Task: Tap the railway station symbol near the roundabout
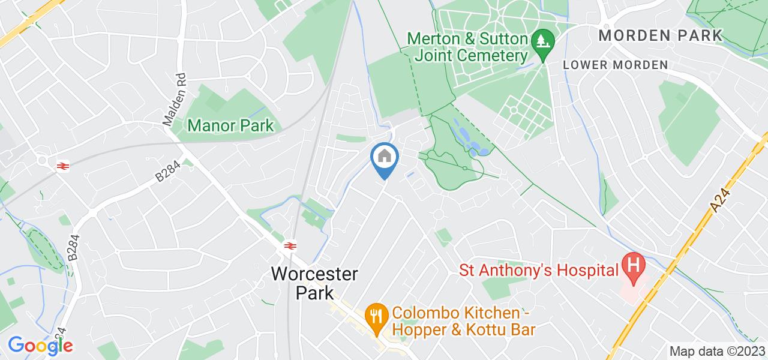point(61,166)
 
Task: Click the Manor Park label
point(230,126)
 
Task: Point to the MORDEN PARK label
point(661,35)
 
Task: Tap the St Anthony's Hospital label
point(539,270)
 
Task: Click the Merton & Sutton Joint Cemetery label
point(467,47)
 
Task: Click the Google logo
point(40,346)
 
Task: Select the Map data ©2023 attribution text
point(717,351)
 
